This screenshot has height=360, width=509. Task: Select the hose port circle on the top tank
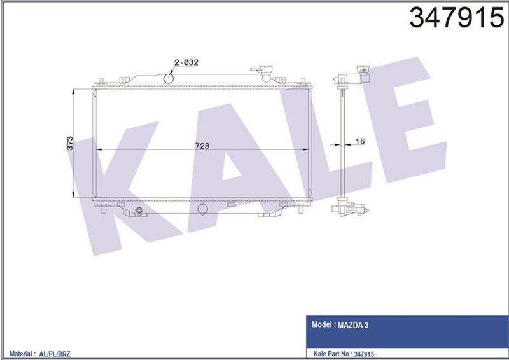point(170,78)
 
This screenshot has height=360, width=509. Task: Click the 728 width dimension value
point(202,145)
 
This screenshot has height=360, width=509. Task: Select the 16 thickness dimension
point(359,141)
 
